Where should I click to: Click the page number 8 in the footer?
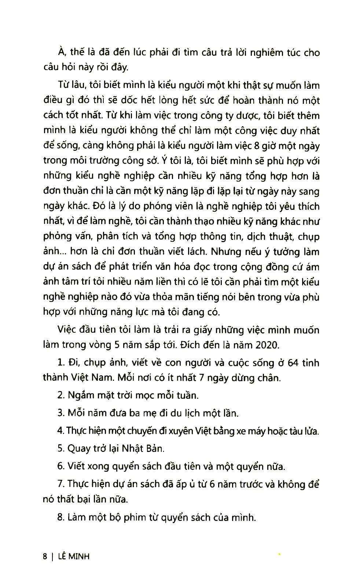pyautogui.click(x=45, y=556)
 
